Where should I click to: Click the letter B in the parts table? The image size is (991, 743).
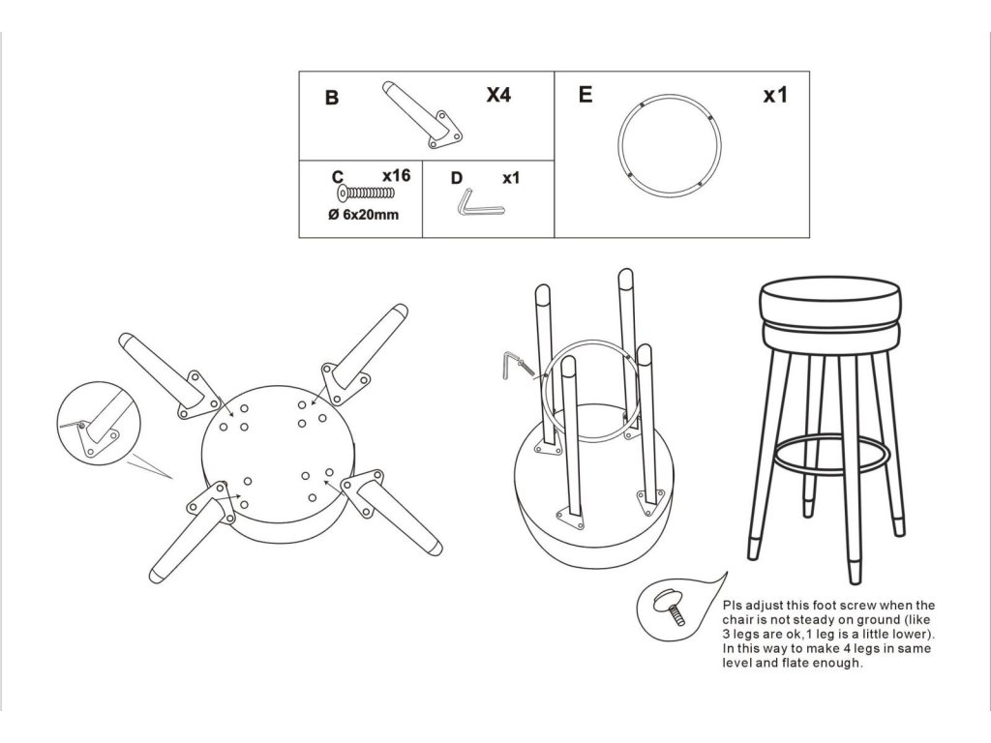[x=332, y=98]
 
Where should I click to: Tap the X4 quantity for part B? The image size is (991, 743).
[x=498, y=95]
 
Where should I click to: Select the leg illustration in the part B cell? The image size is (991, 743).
[x=422, y=114]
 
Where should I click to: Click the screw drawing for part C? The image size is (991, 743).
[x=366, y=193]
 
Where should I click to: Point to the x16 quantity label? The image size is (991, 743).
[x=396, y=175]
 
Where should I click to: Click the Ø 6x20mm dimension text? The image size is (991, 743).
[x=364, y=215]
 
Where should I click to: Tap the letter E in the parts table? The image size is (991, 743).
[x=586, y=95]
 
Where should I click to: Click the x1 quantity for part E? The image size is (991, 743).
[x=775, y=95]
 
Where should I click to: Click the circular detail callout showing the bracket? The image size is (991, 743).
[x=98, y=422]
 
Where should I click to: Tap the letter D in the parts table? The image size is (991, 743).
[x=457, y=179]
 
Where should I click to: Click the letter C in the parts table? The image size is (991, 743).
[x=338, y=177]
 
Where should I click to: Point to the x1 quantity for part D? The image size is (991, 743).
[x=511, y=179]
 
